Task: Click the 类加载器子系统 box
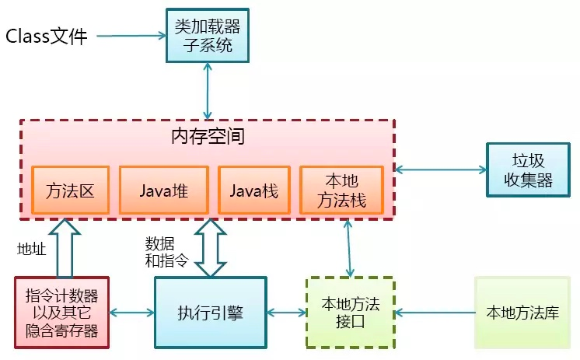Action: tap(207, 35)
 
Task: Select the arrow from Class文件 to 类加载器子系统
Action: tap(132, 36)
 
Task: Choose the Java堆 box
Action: tap(163, 190)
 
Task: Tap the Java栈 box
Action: tap(253, 190)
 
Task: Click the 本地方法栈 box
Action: tap(343, 190)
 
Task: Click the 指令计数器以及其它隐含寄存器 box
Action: tap(61, 313)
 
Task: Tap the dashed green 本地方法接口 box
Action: tap(349, 313)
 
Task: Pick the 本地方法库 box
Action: tap(522, 313)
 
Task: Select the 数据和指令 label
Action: tap(166, 250)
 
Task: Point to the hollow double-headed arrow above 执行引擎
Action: tap(210, 247)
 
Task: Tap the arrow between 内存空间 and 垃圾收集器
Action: tap(440, 169)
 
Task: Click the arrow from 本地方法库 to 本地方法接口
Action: tap(435, 313)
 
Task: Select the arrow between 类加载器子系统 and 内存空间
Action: tap(208, 91)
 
